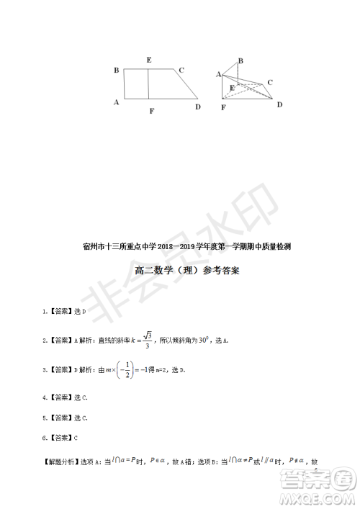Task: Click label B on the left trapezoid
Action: [x=116, y=70]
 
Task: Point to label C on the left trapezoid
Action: [x=182, y=70]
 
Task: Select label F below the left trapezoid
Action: [x=151, y=111]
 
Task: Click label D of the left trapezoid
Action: [x=197, y=107]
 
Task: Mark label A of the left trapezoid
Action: [x=116, y=102]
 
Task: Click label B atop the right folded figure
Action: [x=240, y=60]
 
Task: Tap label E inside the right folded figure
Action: [x=231, y=87]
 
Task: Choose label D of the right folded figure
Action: [x=280, y=104]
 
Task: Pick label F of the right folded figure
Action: [x=223, y=107]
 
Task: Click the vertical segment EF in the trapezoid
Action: [x=148, y=84]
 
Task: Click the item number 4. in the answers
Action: [x=45, y=397]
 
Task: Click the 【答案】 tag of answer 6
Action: [x=60, y=437]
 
